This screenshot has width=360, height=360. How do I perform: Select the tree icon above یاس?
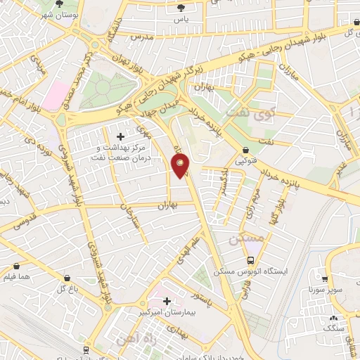(x=182, y=8)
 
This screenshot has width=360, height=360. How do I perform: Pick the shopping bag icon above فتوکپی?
(x=245, y=150)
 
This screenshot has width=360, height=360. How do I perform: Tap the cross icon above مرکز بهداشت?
(x=120, y=136)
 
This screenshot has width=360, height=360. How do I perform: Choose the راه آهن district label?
(x=126, y=342)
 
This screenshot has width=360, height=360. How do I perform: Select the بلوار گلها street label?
(x=279, y=204)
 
